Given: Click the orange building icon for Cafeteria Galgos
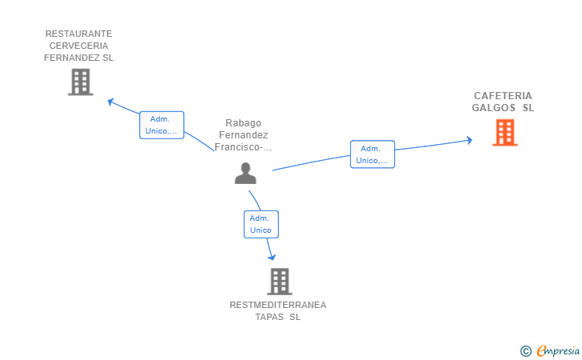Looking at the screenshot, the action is [504, 133].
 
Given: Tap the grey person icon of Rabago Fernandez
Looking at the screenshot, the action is [245, 173].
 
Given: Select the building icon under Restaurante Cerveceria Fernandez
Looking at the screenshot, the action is [81, 82].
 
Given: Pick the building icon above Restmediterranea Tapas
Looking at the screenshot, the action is [280, 282].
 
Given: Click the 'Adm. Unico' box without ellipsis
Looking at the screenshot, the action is [261, 224].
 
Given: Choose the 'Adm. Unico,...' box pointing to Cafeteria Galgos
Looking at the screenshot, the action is [373, 154].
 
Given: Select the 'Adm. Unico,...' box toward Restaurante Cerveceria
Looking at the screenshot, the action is [161, 126].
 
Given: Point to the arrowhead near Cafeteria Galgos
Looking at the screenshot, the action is [469, 140].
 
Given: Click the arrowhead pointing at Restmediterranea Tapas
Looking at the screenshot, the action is [272, 257].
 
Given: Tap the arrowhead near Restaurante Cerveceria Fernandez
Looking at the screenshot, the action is [110, 102].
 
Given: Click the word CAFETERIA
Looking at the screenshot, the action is [503, 96].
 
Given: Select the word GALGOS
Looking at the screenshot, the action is [494, 108].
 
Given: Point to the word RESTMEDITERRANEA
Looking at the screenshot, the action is [278, 305].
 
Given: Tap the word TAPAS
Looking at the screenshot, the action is [269, 317].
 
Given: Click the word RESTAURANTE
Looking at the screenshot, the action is [78, 34].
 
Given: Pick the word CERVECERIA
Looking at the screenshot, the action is [78, 46].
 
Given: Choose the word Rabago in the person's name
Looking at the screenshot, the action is [244, 123].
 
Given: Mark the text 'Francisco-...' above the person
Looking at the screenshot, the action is [243, 147].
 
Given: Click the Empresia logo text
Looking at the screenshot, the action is [558, 351].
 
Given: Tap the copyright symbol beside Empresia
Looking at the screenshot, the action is [526, 351].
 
